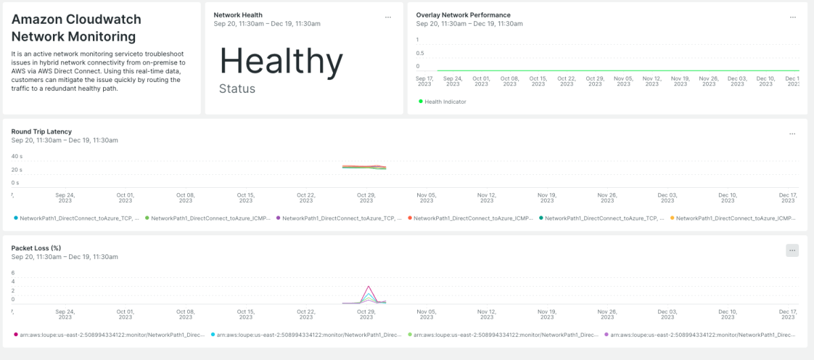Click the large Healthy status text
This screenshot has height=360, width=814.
tap(281, 61)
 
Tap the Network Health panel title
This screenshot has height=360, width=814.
tap(237, 15)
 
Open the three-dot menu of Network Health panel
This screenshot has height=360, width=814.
tap(388, 17)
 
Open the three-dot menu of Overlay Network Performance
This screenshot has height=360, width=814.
tap(792, 17)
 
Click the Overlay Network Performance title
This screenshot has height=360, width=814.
tap(463, 15)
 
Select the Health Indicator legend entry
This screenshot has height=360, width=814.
tap(442, 102)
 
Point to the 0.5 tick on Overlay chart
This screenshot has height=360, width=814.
tap(420, 54)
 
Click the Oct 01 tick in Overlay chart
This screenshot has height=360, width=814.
tap(481, 81)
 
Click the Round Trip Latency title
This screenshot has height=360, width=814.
tap(41, 132)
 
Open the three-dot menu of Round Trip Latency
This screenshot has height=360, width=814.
tap(792, 134)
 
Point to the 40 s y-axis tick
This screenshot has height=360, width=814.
tap(16, 156)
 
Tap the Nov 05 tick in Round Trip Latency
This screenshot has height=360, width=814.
tap(426, 198)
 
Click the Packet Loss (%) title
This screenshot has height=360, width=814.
tap(36, 248)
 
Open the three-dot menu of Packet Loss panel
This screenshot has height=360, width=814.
tap(792, 250)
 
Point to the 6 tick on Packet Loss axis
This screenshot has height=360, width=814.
tap(13, 273)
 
